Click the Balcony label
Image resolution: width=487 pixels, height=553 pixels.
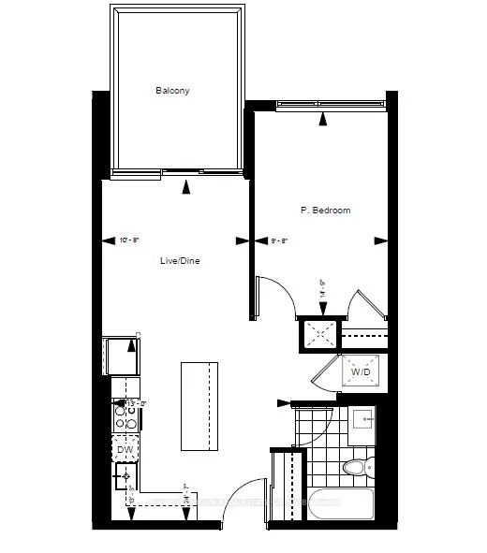click(x=172, y=91)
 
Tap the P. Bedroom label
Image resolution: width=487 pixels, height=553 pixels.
click(x=325, y=211)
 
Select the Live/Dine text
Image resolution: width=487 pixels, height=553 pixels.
click(x=180, y=261)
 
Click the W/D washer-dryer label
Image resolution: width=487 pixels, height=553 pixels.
click(x=361, y=371)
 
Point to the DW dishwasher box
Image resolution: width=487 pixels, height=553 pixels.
click(x=125, y=450)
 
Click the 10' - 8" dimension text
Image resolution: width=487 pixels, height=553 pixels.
click(x=129, y=240)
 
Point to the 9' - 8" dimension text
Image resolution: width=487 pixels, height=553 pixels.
click(x=279, y=240)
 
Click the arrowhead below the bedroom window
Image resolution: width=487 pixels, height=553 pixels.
click(x=322, y=118)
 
